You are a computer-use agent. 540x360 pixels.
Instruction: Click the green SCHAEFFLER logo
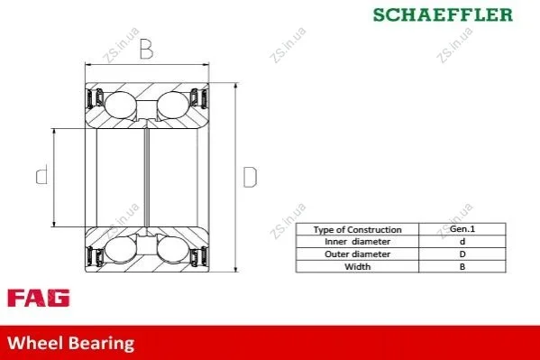443,14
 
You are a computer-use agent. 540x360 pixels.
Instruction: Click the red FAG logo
38,298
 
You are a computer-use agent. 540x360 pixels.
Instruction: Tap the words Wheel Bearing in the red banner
71,343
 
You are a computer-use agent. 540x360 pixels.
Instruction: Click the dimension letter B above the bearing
146,49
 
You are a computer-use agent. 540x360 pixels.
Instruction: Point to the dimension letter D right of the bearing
250,177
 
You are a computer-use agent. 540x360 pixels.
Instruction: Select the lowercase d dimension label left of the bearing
42,174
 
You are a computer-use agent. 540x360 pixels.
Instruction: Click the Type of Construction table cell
358,229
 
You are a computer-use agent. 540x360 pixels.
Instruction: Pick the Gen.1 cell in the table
462,229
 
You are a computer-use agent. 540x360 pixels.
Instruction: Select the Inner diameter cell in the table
358,242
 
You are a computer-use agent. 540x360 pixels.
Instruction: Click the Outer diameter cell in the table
358,254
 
